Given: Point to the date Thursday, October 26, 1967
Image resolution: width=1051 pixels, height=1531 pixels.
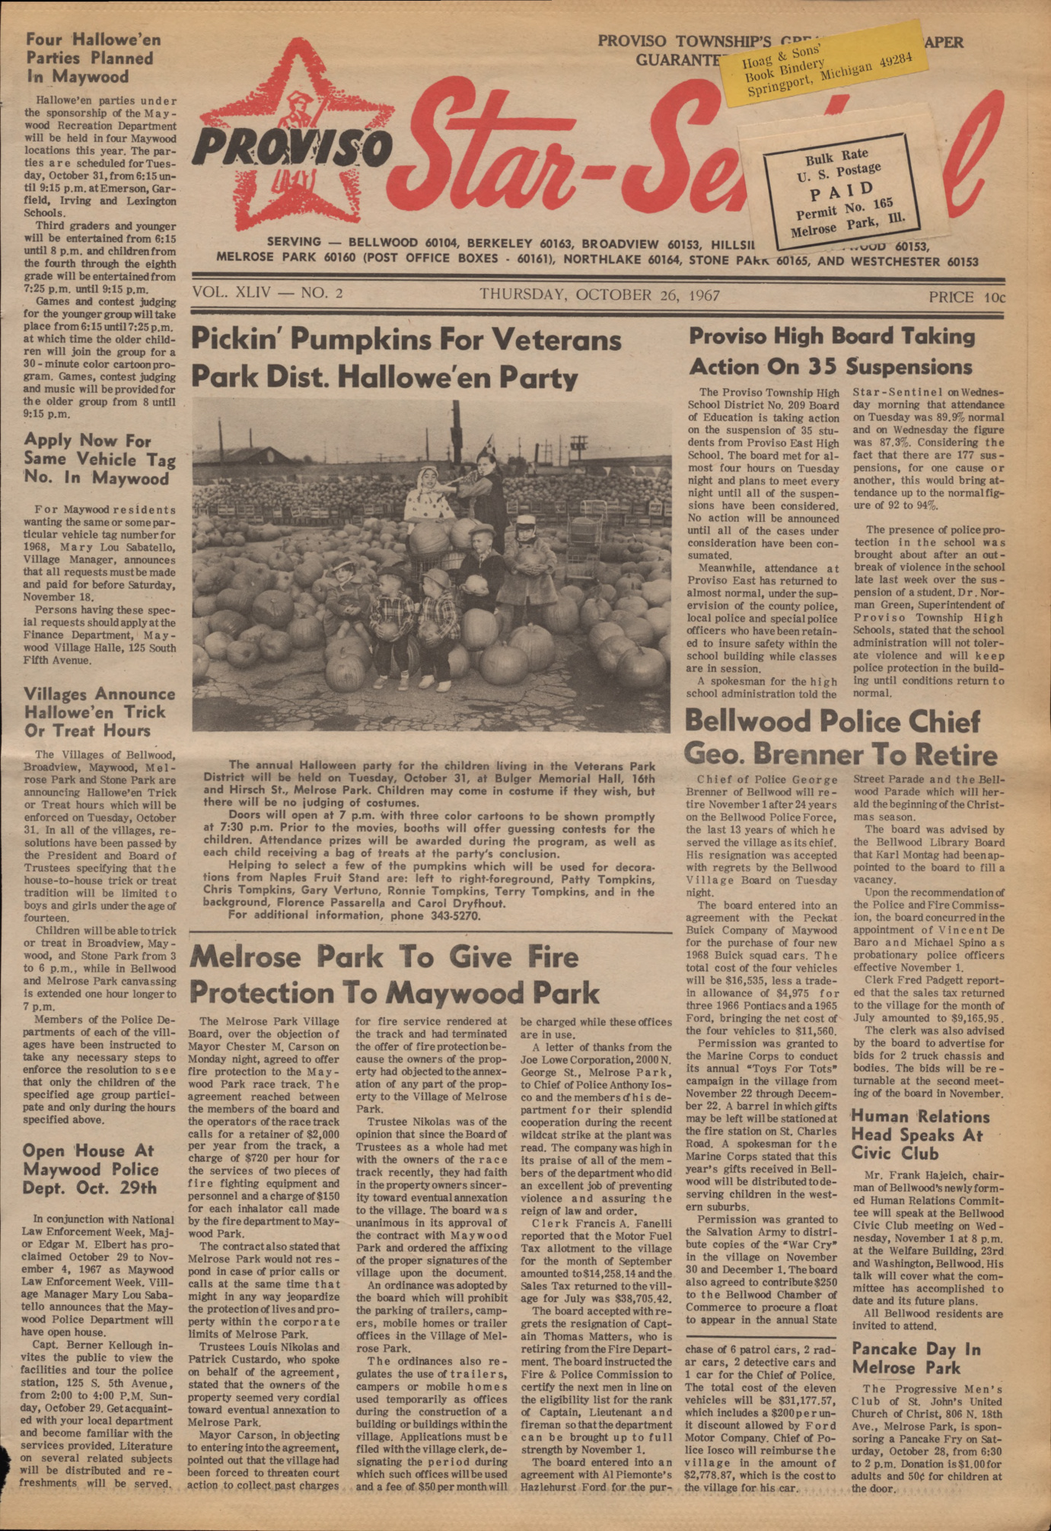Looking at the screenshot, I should coord(599,295).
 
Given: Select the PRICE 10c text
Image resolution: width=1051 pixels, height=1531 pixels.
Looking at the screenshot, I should coord(966,297).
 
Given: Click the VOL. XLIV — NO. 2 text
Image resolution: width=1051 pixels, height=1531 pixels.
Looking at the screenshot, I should coord(267,294).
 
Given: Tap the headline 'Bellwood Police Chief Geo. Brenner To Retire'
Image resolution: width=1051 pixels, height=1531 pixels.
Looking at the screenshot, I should coord(840,737).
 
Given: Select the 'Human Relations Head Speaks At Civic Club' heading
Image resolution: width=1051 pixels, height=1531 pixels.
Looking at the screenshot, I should coord(920,1135).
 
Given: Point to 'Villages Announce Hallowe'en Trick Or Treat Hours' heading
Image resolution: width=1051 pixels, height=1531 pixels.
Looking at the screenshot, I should coord(99,712).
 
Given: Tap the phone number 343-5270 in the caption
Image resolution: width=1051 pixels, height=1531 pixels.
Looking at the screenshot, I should coord(452,915).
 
